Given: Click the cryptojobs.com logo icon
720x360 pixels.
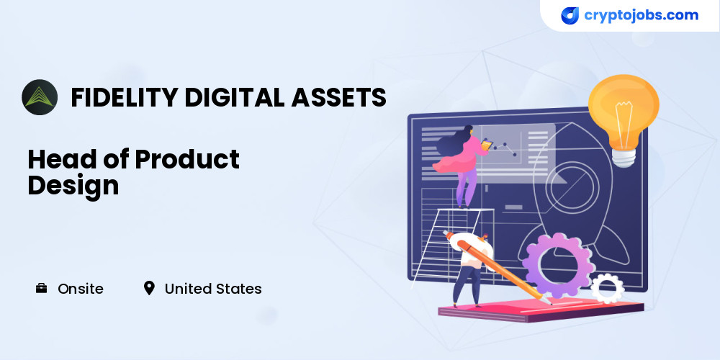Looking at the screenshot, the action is click(570, 16).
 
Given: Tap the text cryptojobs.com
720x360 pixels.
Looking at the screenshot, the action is click(641, 15).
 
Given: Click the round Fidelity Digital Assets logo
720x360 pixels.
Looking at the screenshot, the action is click(40, 97).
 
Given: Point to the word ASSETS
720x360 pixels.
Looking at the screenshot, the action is click(338, 97).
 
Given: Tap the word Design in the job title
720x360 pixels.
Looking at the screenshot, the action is click(73, 186).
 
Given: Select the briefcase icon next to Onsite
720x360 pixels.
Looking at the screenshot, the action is click(41, 289).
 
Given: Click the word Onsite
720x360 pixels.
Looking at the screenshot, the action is click(81, 289).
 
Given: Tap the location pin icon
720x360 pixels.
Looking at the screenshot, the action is click(149, 289).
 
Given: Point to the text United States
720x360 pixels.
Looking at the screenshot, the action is click(213, 289).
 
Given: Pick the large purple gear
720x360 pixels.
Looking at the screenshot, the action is click(558, 266).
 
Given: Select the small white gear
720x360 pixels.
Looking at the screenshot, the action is click(607, 289).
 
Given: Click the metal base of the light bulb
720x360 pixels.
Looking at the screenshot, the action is click(624, 157).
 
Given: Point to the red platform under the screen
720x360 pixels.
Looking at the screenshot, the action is click(541, 310).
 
